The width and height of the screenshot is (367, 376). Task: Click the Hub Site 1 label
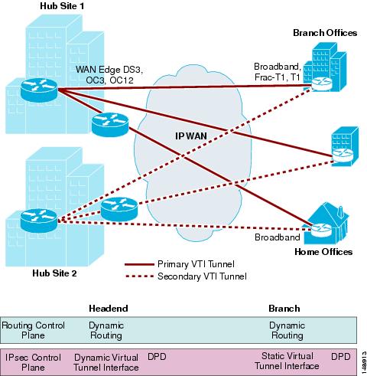(62, 6)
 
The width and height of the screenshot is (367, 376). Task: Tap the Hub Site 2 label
(54, 273)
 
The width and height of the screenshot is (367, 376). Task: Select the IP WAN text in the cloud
(191, 136)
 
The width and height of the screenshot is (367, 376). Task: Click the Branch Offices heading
(325, 33)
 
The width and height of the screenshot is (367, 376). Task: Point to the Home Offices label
(323, 252)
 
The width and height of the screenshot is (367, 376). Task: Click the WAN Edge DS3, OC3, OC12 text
(109, 75)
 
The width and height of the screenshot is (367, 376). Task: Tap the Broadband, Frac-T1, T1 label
(278, 72)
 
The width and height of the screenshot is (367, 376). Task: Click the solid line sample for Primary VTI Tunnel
(139, 264)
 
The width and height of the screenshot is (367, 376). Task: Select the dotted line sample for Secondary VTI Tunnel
(139, 276)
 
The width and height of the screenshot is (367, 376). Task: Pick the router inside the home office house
(321, 231)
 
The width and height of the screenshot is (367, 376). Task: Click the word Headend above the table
(109, 309)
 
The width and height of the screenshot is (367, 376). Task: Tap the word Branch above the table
(284, 309)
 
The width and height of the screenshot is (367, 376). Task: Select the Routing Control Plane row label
(33, 330)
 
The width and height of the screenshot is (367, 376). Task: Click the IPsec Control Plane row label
(33, 362)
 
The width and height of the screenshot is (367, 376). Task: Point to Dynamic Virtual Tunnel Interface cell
(106, 362)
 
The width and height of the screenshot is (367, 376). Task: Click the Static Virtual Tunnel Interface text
(287, 361)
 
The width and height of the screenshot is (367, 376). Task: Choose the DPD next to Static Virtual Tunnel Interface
(341, 357)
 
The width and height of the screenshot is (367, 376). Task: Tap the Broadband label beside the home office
(278, 237)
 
